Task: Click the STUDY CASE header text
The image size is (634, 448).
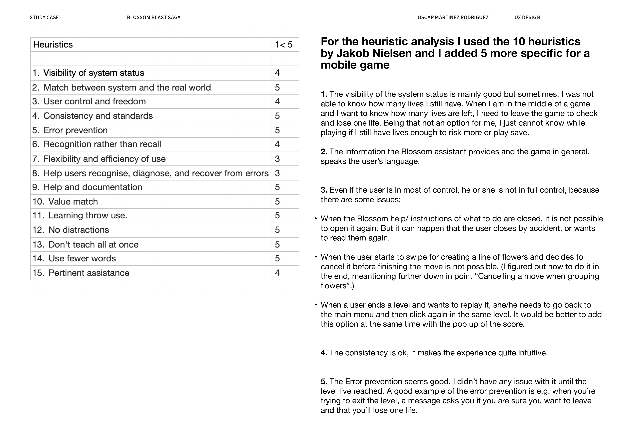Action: coord(44,17)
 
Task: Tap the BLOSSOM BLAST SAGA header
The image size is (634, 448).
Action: coord(154,17)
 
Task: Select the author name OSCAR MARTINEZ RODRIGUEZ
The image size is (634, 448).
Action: coord(453,17)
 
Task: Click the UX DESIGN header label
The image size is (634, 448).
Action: coord(527,17)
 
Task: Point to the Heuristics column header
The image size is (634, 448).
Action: coord(53,44)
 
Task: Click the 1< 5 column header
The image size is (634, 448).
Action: coord(284,44)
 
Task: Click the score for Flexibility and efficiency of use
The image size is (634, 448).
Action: coord(277,159)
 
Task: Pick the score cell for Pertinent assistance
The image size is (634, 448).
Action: coord(277,273)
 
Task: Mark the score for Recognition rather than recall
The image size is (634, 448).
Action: coord(277,144)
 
